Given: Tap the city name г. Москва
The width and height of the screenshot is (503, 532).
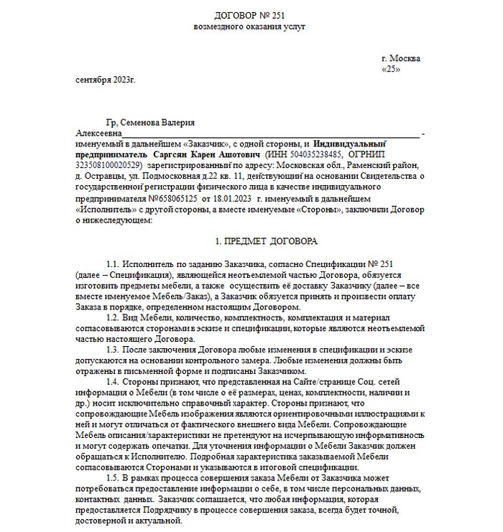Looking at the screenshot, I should pyautogui.click(x=401, y=59).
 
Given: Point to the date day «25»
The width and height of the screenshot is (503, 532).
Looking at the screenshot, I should pyautogui.click(x=391, y=70).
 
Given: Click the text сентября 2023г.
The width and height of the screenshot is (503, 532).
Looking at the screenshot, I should pyautogui.click(x=105, y=80).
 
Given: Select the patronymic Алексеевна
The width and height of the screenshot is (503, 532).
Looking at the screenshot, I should pyautogui.click(x=98, y=134).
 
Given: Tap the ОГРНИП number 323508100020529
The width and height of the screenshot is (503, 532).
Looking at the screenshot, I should pyautogui.click(x=110, y=164).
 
